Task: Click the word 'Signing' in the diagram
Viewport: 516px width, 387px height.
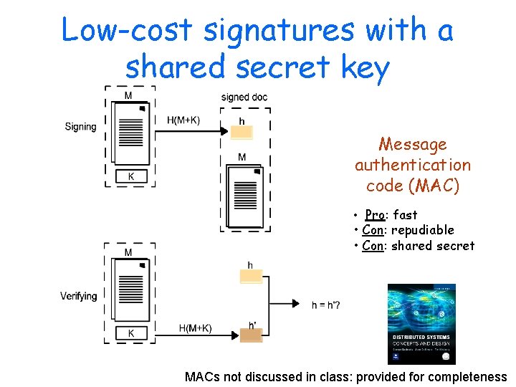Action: click(x=80, y=127)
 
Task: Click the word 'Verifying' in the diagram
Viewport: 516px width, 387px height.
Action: click(x=78, y=296)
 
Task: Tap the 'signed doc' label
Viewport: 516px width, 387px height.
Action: click(x=244, y=97)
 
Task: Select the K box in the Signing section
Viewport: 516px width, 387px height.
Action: click(x=130, y=176)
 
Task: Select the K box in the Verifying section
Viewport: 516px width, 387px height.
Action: click(x=130, y=333)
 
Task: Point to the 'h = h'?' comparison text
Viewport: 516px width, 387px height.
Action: click(x=326, y=305)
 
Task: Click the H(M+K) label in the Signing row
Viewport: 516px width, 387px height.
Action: click(x=183, y=120)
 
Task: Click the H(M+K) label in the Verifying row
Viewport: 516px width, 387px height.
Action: click(x=195, y=328)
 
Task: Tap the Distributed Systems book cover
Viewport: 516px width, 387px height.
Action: click(x=421, y=324)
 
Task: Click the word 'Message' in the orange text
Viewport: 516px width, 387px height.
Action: click(x=412, y=145)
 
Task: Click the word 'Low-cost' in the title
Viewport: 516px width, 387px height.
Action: click(x=126, y=31)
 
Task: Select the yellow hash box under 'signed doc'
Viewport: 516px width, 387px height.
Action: click(x=242, y=133)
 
